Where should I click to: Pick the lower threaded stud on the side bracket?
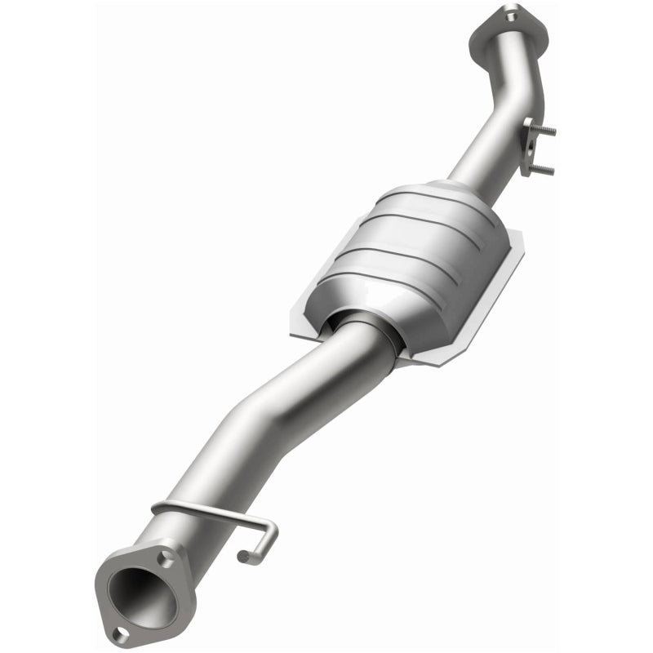pyautogui.click(x=544, y=169)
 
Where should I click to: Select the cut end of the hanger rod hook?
pyautogui.click(x=242, y=557)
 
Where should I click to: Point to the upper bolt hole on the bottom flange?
pyautogui.click(x=167, y=557)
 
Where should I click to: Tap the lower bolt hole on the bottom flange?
pyautogui.click(x=121, y=631)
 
